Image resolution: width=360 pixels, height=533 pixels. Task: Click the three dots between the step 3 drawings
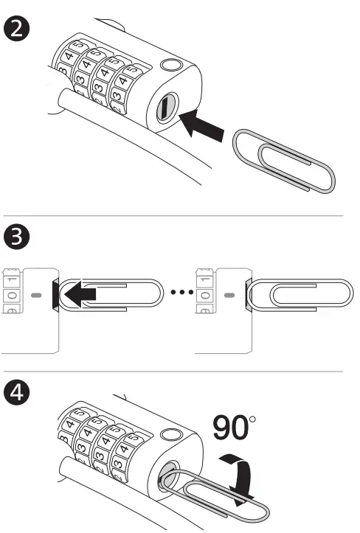(180, 292)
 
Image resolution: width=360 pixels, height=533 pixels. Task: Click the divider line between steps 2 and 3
(180, 215)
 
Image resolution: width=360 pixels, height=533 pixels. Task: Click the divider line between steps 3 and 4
(180, 372)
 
